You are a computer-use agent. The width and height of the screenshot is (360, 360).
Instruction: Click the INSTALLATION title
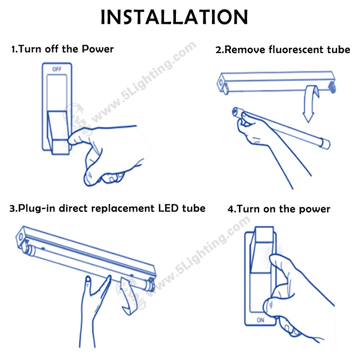174,17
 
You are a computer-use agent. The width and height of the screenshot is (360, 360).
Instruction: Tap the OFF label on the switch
57,69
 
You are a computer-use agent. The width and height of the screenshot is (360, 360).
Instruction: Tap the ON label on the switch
261,320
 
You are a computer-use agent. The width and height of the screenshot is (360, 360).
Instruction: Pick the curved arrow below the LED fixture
128,296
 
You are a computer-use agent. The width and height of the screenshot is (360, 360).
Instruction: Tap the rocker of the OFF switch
58,132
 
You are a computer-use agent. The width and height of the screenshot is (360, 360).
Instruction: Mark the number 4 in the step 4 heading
230,209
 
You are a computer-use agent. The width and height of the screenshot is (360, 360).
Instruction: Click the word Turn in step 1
30,49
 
